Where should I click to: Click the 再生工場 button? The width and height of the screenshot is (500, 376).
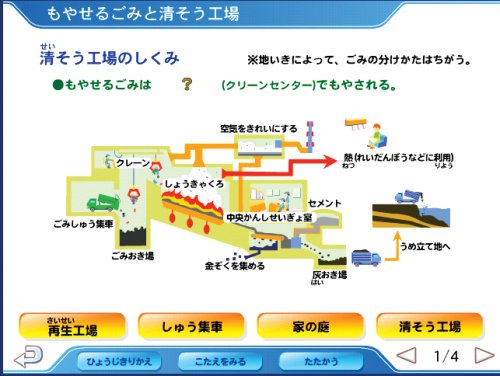(72, 326)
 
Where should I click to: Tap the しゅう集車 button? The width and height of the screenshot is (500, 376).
(191, 326)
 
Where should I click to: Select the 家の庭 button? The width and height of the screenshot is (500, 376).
(311, 326)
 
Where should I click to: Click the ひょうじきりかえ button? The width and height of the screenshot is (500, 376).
(119, 361)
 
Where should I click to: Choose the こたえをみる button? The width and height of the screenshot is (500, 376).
(220, 361)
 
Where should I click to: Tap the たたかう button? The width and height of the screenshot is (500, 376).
(321, 361)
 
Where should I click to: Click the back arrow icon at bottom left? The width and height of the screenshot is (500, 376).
(29, 356)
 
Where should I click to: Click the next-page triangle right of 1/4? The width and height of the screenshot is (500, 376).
(484, 355)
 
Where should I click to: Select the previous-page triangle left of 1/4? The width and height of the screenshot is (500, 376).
(406, 355)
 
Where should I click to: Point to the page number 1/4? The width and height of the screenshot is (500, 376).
(446, 356)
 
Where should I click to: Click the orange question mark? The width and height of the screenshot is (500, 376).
(187, 84)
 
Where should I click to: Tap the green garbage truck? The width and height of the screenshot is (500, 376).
(103, 203)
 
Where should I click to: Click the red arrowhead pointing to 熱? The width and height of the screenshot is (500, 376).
(331, 162)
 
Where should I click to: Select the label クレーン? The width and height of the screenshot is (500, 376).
(133, 163)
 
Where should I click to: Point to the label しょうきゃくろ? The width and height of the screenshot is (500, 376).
(194, 184)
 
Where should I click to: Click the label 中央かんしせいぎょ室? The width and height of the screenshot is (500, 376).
(269, 218)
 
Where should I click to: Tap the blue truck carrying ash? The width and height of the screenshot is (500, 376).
(366, 258)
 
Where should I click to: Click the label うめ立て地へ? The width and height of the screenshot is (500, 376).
(425, 246)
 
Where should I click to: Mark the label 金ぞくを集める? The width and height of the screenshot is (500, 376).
(235, 266)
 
